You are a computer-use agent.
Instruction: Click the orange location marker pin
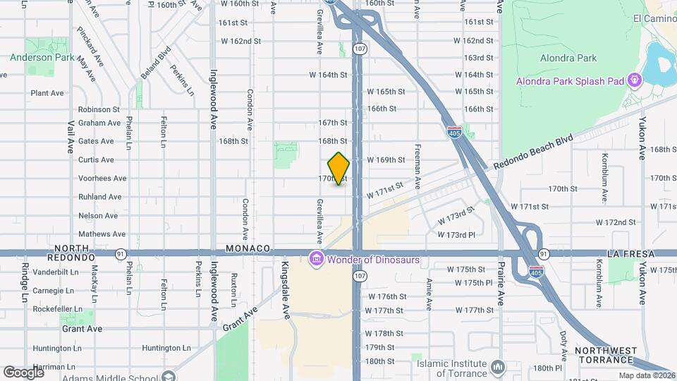pos(338,168)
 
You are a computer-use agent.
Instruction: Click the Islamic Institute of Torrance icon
pos(499,366)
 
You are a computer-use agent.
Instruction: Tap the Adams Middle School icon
pos(167,376)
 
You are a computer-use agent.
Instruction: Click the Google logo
pos(23,372)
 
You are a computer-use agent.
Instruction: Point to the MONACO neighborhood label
pos(248,248)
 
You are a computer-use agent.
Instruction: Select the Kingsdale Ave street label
pos(286,289)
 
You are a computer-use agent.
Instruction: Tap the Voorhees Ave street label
pos(102,179)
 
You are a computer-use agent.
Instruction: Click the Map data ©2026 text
pos(645,375)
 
